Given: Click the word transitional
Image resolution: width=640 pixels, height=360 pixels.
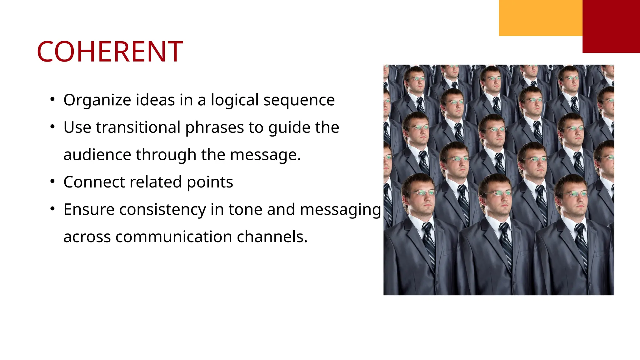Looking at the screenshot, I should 138,127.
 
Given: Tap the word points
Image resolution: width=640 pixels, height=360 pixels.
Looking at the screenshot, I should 210,182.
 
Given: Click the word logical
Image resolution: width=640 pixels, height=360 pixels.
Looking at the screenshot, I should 234,100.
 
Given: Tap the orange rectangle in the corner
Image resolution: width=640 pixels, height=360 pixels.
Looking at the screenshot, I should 541,18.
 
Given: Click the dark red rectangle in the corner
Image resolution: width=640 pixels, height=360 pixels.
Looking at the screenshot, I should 611,26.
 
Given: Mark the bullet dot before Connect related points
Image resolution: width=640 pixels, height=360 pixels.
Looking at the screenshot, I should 52,181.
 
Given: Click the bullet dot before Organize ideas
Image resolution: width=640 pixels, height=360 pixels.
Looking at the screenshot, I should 52,99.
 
